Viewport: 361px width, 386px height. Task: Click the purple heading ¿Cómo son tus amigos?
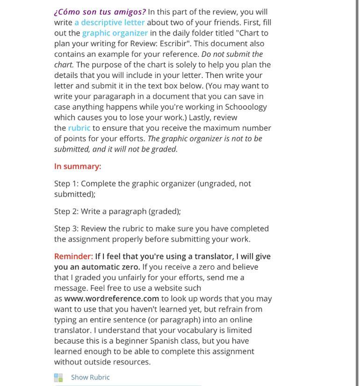[x=100, y=12]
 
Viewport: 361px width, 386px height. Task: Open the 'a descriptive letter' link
[x=109, y=22]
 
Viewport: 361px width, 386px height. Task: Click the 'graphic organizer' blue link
[x=115, y=33]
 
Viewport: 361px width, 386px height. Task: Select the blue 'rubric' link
[x=79, y=128]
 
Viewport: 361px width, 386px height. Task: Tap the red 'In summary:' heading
[x=78, y=166]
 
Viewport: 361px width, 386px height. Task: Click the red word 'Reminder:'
[x=73, y=257]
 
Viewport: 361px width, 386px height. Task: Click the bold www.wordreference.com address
[x=112, y=299]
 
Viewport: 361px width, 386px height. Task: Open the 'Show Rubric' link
[x=90, y=378]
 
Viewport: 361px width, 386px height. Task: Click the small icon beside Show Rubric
[x=58, y=378]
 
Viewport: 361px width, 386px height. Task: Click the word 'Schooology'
[x=245, y=107]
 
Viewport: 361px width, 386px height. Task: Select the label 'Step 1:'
[x=66, y=184]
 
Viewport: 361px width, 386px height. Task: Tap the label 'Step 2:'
[x=66, y=211]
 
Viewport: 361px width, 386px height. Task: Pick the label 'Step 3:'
[x=66, y=229]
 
